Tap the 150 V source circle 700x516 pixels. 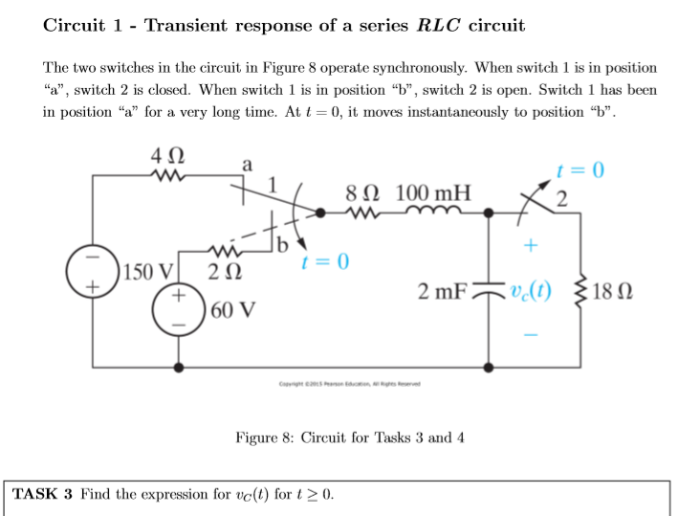pos(94,261)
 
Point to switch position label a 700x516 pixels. pos(248,165)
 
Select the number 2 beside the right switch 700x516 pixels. pos(563,199)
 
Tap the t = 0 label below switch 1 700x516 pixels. pos(325,259)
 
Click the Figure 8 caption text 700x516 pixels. pos(349,437)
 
